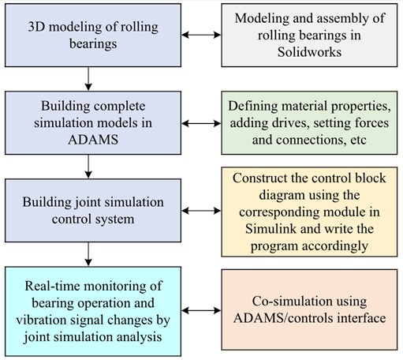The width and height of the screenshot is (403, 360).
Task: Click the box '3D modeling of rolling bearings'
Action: (x=94, y=36)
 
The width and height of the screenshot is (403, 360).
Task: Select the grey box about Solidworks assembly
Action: (x=309, y=36)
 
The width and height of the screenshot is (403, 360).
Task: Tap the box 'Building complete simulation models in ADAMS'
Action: (x=94, y=122)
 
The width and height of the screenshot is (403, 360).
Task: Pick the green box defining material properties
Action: (x=309, y=122)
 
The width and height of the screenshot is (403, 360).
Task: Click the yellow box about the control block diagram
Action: (x=309, y=209)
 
